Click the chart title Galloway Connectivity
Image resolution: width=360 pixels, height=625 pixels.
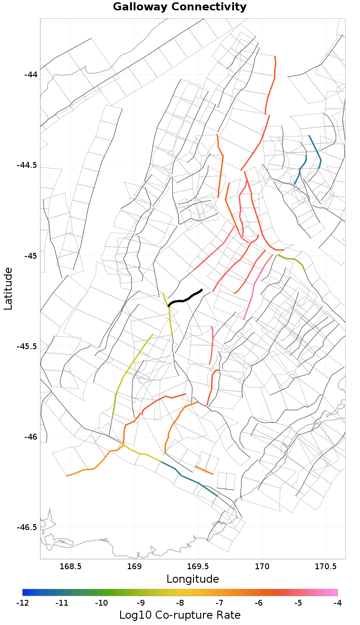coord(180,7)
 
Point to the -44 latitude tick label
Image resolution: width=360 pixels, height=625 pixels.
coord(31,74)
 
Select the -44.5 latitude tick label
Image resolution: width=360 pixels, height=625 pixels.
coord(27,165)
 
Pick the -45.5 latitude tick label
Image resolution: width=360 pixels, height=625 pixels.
coord(27,346)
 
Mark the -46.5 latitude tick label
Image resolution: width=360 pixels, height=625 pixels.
coord(27,527)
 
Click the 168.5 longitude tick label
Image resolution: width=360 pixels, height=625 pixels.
coord(71,566)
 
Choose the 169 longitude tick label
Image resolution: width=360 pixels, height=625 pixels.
coord(135,566)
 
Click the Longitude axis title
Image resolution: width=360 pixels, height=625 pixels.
coord(193,579)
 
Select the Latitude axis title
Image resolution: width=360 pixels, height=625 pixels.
coord(8,288)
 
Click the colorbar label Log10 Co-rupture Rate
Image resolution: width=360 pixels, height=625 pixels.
coord(180,615)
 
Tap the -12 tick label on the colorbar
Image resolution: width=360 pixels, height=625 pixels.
coord(22,603)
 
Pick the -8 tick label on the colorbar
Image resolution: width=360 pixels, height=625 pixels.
coord(180,603)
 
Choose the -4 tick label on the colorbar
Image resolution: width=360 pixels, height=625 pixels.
coord(337,603)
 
